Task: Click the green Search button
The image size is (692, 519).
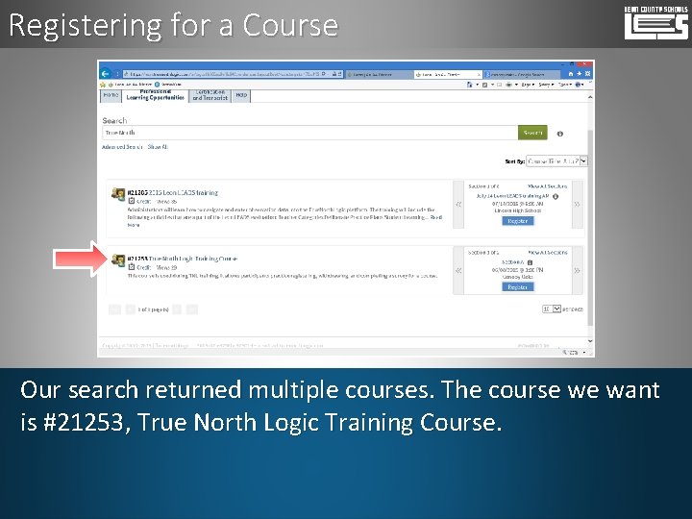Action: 531,133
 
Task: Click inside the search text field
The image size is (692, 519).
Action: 308,133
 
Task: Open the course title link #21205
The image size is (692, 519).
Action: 173,192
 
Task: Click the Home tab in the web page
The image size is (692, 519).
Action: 111,95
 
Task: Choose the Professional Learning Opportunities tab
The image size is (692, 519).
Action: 156,96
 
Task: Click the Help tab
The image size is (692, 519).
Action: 241,95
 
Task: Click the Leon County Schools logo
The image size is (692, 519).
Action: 655,22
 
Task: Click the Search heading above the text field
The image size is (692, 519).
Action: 114,120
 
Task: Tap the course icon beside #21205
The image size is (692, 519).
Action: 117,193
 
